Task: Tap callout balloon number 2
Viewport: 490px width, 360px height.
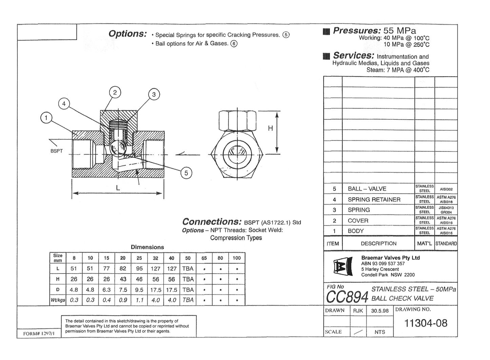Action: pos(115,93)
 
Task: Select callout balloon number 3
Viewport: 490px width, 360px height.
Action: pos(154,95)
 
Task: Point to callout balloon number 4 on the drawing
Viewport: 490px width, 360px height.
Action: pos(64,104)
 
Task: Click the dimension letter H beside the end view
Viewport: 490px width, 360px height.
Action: pos(270,128)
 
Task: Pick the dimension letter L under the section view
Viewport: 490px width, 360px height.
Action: pos(118,188)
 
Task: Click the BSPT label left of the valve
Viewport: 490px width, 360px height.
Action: pos(57,151)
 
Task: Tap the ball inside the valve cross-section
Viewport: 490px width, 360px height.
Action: pos(118,148)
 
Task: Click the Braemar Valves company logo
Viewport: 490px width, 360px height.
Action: pos(341,267)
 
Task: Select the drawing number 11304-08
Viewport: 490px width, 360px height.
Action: pos(426,323)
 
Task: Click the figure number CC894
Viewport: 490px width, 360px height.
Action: pos(347,297)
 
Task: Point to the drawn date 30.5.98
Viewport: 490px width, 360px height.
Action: pos(380,311)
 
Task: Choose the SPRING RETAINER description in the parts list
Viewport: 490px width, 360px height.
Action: pos(374,200)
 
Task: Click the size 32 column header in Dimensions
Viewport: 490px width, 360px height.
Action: pos(155,258)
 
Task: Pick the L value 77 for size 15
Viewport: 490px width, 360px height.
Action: pos(106,268)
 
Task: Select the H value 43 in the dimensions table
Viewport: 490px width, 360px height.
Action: pos(123,279)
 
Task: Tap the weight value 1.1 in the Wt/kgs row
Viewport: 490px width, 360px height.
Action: pos(139,300)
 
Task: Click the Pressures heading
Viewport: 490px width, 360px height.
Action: pos(357,31)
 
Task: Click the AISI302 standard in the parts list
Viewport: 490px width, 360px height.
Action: pos(446,189)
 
